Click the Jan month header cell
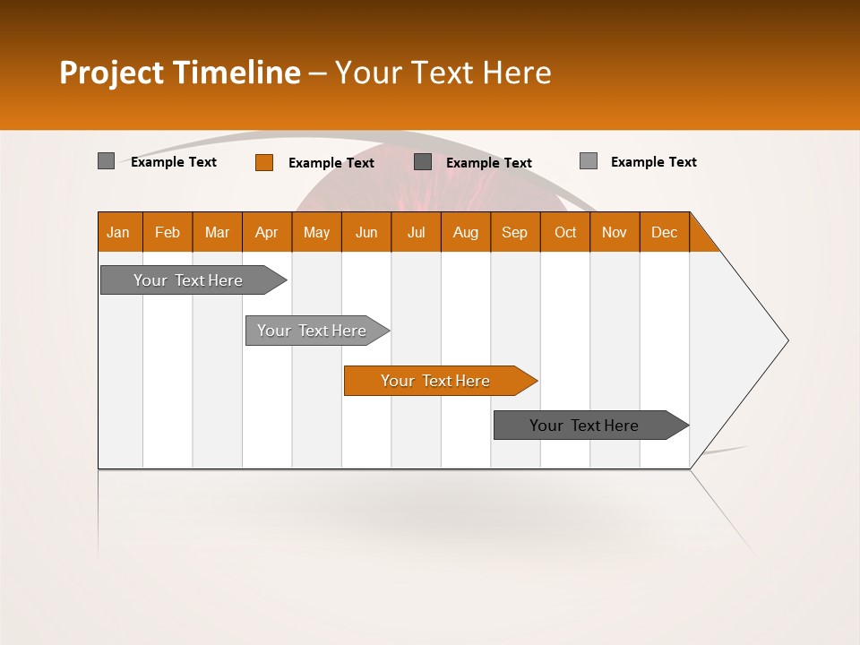pos(119,232)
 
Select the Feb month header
pos(168,232)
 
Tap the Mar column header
pos(217,232)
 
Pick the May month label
pos(316,232)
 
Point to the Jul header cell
pos(416,232)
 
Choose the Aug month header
pos(466,232)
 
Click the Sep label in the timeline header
pos(515,232)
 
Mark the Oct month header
pos(565,232)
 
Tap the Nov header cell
pos(615,232)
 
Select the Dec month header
pos(665,232)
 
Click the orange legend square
pos(264,162)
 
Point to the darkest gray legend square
pos(423,161)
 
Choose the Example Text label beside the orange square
pos(331,163)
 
